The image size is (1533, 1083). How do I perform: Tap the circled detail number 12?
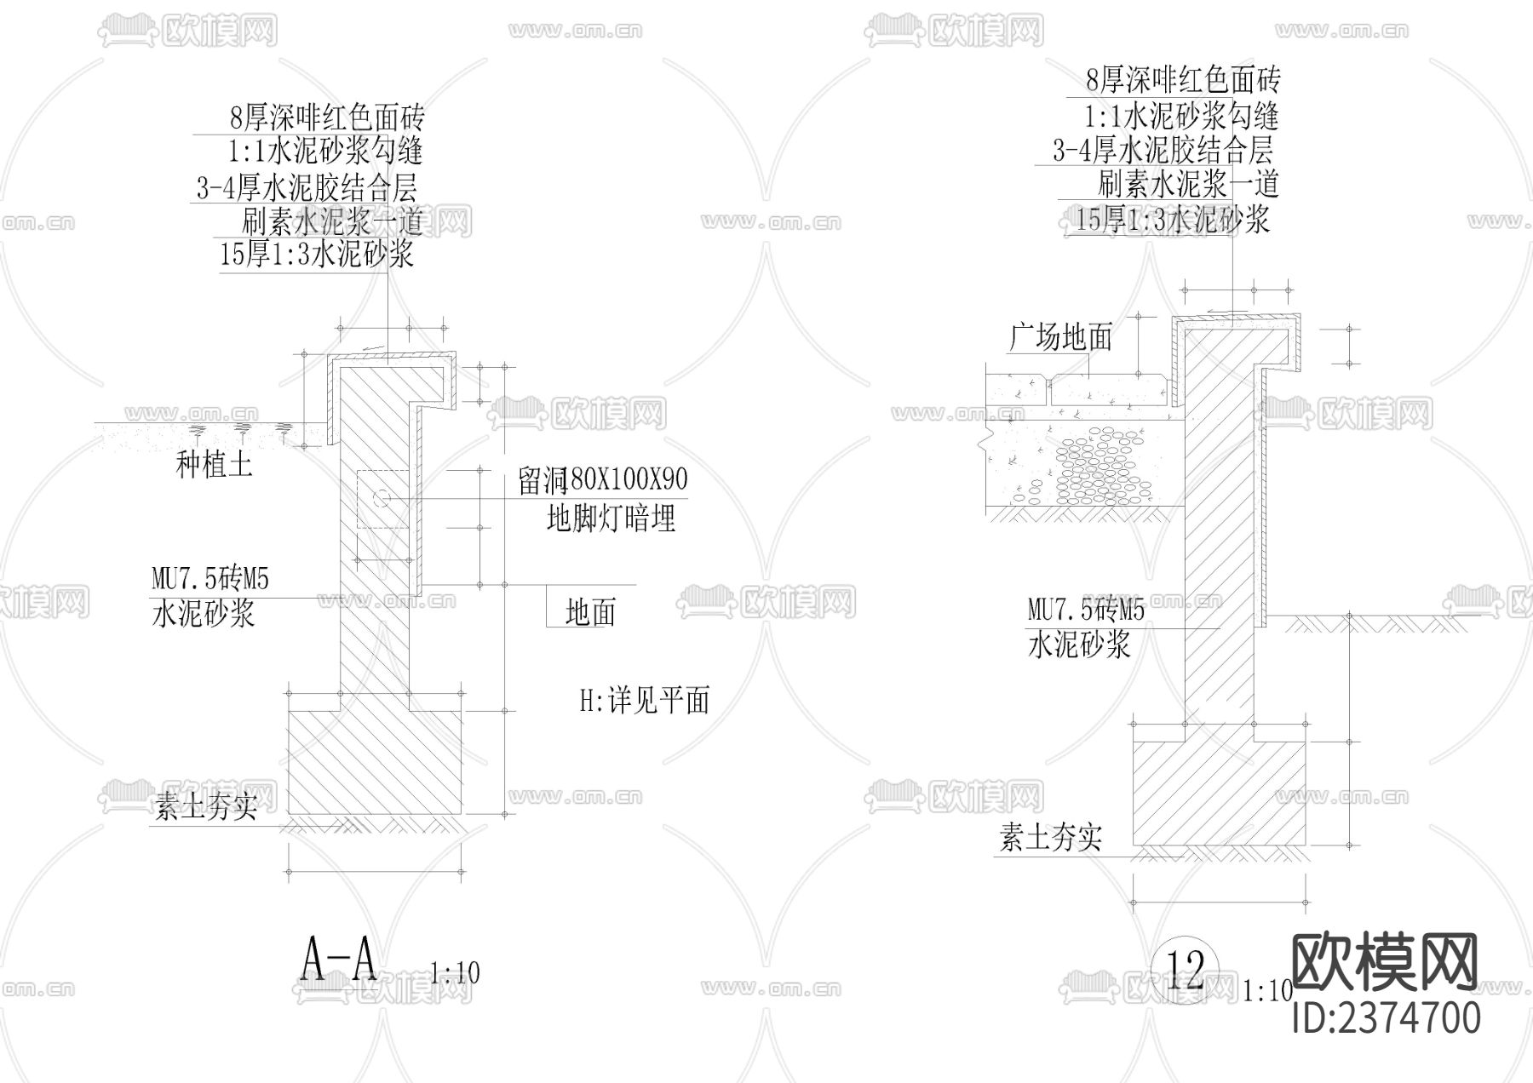(x=1185, y=969)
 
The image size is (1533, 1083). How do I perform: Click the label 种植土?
(x=214, y=464)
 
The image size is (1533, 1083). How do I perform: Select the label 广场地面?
(x=1061, y=337)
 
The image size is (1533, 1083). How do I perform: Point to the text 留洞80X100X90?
(x=603, y=480)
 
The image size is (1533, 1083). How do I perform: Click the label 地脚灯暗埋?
(x=611, y=518)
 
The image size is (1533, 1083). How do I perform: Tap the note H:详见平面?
(x=645, y=701)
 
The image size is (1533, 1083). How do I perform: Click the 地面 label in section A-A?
(x=590, y=611)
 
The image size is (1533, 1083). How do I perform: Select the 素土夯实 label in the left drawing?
(x=205, y=805)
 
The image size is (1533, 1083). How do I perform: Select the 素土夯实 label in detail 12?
(x=1051, y=839)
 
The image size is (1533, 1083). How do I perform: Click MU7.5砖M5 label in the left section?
(x=210, y=580)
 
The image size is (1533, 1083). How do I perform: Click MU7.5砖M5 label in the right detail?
(x=1087, y=610)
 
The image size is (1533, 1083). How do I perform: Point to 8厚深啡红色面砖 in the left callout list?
(x=327, y=116)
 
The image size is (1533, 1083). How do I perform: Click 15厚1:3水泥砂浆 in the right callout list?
(x=1172, y=220)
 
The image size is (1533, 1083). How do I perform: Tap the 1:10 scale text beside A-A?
(x=455, y=972)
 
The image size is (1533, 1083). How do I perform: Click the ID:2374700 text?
(x=1387, y=1018)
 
